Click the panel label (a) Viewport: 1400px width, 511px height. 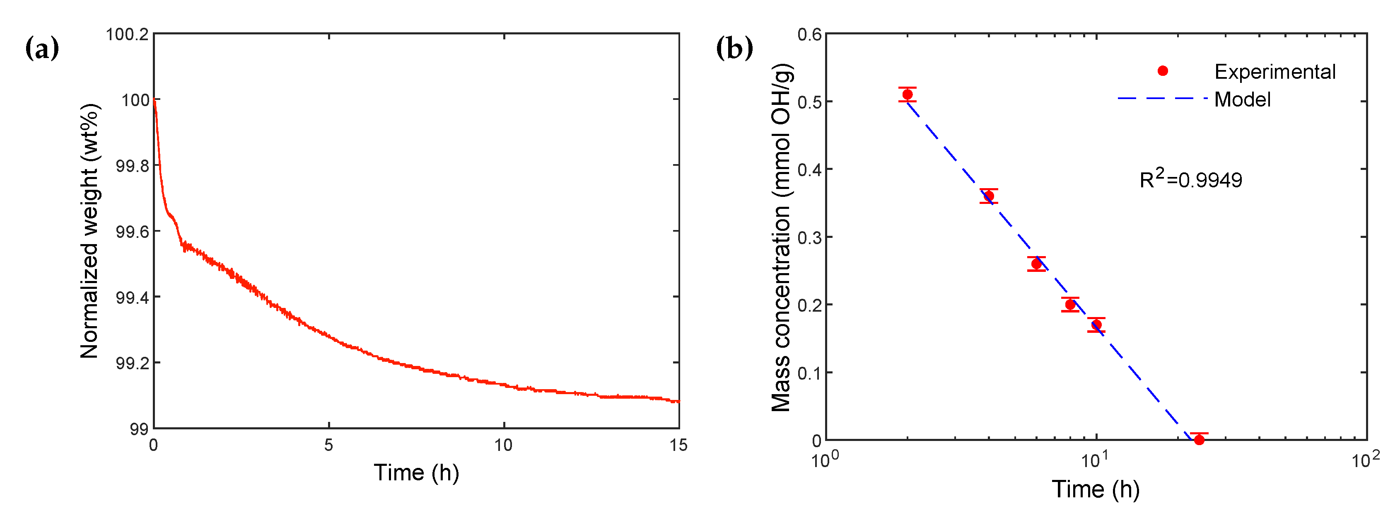coord(42,49)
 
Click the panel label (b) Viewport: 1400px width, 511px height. coord(734,49)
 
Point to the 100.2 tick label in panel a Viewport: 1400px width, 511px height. coord(127,35)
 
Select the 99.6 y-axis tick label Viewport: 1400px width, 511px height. coord(132,232)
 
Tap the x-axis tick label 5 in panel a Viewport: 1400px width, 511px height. coord(328,445)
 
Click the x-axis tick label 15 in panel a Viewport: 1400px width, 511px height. coord(678,445)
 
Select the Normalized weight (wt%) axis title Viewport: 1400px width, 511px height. coord(89,231)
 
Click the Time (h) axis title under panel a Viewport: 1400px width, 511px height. coord(416,472)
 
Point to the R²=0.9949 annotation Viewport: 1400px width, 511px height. coord(1190,179)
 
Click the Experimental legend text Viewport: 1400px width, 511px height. coord(1274,72)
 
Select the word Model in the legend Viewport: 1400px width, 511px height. coord(1242,99)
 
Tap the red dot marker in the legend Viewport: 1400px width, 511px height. coord(1163,71)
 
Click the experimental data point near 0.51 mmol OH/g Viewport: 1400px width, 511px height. coord(907,94)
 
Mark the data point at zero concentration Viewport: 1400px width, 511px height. coord(1199,439)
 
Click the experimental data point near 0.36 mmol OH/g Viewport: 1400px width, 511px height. coord(989,196)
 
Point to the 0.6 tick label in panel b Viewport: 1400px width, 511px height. coord(809,35)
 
